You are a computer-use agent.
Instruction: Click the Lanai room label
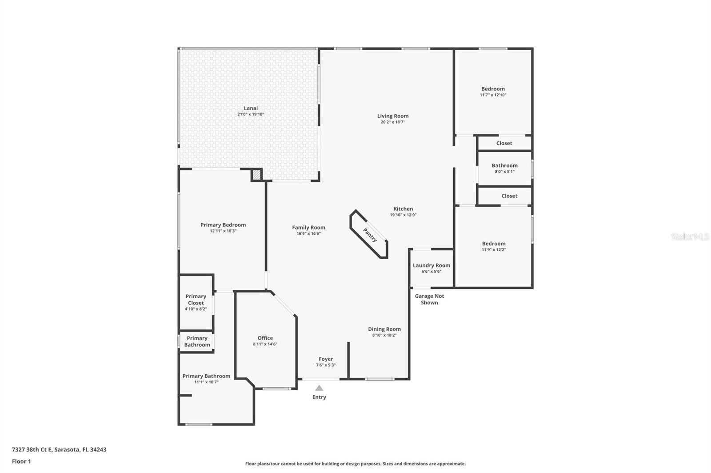pyautogui.click(x=251, y=108)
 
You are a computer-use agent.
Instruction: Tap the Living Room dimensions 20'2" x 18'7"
pyautogui.click(x=393, y=122)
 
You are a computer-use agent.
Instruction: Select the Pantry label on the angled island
pyautogui.click(x=370, y=235)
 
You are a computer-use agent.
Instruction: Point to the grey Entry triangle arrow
pyautogui.click(x=319, y=388)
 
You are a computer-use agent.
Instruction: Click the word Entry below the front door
pyautogui.click(x=319, y=397)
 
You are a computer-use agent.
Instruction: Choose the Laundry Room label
pyautogui.click(x=431, y=265)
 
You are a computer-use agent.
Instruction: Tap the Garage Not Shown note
pyautogui.click(x=429, y=299)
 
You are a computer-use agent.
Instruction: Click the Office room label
pyautogui.click(x=265, y=338)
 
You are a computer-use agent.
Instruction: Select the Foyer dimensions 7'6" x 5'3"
pyautogui.click(x=326, y=365)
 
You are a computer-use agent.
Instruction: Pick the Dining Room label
pyautogui.click(x=384, y=329)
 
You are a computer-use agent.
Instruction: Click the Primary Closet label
pyautogui.click(x=196, y=300)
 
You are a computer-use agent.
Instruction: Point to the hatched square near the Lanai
pyautogui.click(x=256, y=175)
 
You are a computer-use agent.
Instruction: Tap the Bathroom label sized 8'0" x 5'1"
pyautogui.click(x=505, y=166)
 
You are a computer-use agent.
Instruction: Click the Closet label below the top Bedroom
pyautogui.click(x=504, y=143)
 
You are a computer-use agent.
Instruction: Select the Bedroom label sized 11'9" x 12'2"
pyautogui.click(x=494, y=244)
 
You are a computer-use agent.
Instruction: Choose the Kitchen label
pyautogui.click(x=403, y=209)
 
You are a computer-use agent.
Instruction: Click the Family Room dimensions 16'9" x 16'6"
pyautogui.click(x=308, y=234)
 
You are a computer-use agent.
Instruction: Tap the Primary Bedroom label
pyautogui.click(x=223, y=225)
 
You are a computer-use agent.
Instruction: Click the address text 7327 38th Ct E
pyautogui.click(x=32, y=449)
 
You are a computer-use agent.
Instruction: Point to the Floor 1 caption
pyautogui.click(x=21, y=461)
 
